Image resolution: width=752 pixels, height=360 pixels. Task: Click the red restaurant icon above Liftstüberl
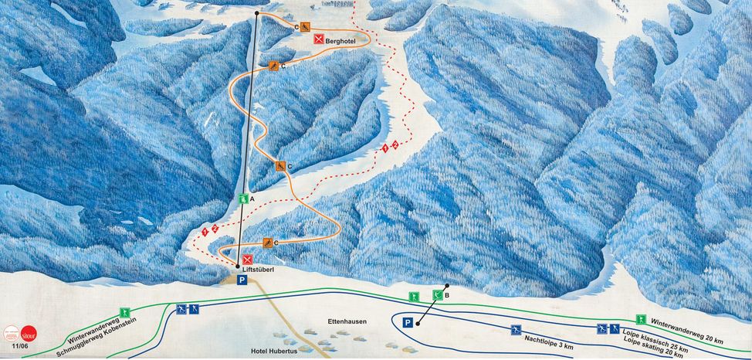pos(248,260)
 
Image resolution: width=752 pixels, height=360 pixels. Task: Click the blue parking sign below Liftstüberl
pos(242,281)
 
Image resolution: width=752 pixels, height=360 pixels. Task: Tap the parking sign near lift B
pos(408,322)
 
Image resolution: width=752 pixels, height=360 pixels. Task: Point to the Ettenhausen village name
pos(346,321)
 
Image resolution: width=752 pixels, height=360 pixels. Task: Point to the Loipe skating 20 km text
pos(653,348)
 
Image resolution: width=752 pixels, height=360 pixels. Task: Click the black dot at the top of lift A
pos(257,13)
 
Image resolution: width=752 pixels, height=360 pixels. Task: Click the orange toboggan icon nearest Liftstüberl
pos(267,243)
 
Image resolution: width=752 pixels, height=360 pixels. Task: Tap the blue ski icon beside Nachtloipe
pos(515,330)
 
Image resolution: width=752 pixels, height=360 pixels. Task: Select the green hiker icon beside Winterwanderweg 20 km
pos(640,319)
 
